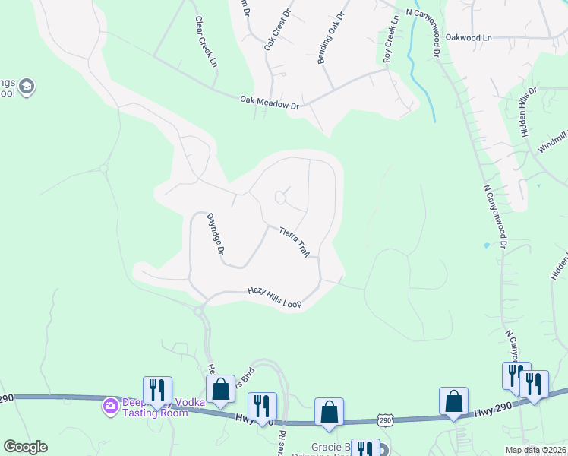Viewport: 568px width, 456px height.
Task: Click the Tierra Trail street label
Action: (x=295, y=242)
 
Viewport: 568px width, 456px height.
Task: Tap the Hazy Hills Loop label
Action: (x=275, y=297)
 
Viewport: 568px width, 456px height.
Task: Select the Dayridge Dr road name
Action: (x=216, y=233)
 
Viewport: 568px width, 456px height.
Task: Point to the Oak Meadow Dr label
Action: (x=270, y=103)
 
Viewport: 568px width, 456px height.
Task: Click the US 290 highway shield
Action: (x=385, y=420)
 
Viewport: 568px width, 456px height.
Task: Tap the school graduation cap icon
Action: (x=27, y=86)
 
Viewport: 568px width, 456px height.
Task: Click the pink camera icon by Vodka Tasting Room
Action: (x=110, y=407)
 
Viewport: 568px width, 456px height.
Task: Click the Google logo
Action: (x=25, y=447)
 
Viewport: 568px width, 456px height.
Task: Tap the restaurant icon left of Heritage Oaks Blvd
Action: (x=157, y=390)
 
